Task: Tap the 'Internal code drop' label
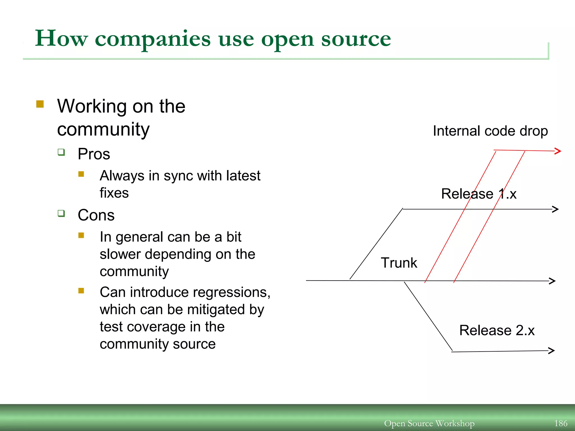[x=490, y=131]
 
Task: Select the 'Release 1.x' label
[x=479, y=194]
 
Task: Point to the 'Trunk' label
[x=399, y=263]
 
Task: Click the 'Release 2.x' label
[x=497, y=330]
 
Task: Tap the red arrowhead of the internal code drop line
[x=558, y=151]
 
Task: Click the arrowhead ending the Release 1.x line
[x=555, y=209]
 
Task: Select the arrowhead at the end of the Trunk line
[x=553, y=281]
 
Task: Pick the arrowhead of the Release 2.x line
[x=552, y=350]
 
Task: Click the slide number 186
[x=561, y=423]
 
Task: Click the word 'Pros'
[x=94, y=154]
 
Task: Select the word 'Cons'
[x=96, y=215]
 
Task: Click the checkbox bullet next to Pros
[x=61, y=152]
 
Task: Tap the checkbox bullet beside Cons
[x=61, y=214]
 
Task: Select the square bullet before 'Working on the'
[x=40, y=104]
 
